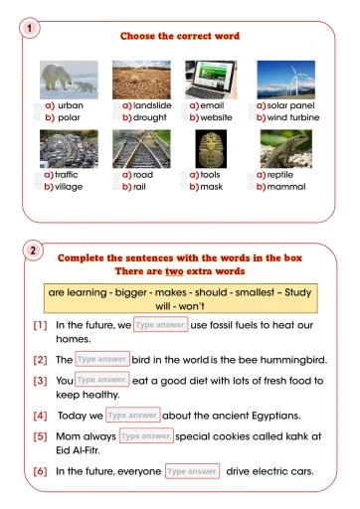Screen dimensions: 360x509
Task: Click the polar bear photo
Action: click(70, 80)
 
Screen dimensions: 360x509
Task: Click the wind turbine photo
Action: click(285, 80)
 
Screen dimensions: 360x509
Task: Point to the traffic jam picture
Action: click(69, 149)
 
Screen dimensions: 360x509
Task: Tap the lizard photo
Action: click(285, 149)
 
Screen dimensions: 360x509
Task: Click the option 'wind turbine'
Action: click(292, 117)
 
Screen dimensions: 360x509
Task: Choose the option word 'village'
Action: click(69, 186)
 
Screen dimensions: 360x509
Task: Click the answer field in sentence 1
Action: click(160, 324)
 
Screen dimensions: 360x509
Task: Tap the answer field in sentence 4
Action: click(132, 415)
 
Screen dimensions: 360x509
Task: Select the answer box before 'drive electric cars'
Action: click(192, 470)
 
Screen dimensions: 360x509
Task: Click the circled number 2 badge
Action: click(34, 251)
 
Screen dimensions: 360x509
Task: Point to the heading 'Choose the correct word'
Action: click(180, 36)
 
